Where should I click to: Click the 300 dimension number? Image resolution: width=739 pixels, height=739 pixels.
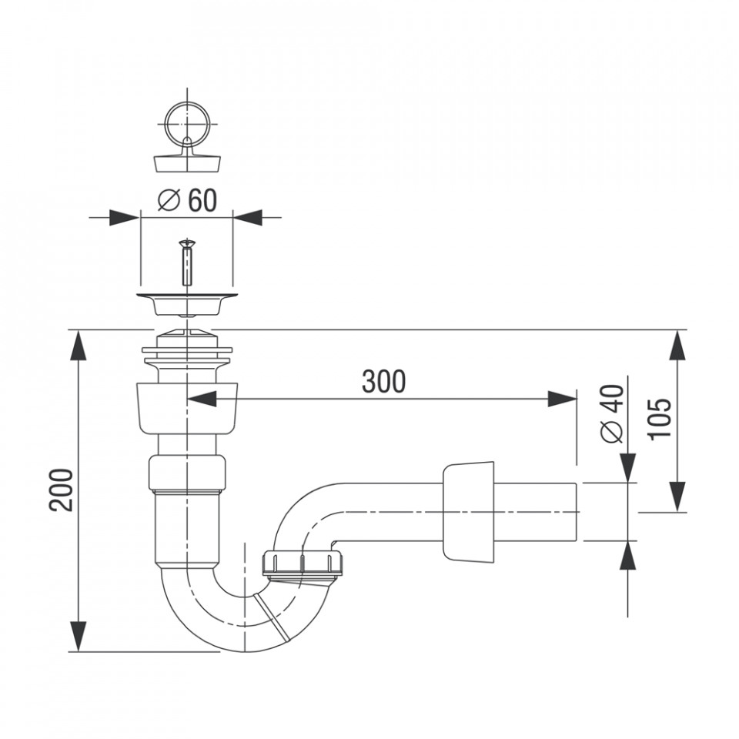pyautogui.click(x=383, y=382)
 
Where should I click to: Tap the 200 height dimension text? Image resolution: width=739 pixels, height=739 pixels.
pyautogui.click(x=62, y=490)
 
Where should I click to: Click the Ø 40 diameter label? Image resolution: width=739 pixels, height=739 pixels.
pyautogui.click(x=612, y=414)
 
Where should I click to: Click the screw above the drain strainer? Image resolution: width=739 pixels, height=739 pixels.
pyautogui.click(x=187, y=262)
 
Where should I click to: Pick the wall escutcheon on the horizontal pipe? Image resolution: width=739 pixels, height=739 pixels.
pyautogui.click(x=469, y=513)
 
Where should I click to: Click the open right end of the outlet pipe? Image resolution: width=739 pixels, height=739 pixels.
pyautogui.click(x=578, y=512)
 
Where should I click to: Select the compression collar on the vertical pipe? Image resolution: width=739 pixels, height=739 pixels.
pyautogui.click(x=187, y=473)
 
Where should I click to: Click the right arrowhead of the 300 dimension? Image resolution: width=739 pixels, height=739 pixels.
pyautogui.click(x=562, y=399)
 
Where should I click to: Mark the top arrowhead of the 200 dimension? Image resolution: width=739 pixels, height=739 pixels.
pyautogui.click(x=79, y=346)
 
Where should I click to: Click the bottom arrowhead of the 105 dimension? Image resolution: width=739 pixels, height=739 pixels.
pyautogui.click(x=677, y=497)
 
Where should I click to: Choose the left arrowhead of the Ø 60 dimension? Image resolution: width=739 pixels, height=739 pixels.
pyautogui.click(x=125, y=217)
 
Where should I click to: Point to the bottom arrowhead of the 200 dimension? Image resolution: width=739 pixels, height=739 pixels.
pyautogui.click(x=79, y=637)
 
